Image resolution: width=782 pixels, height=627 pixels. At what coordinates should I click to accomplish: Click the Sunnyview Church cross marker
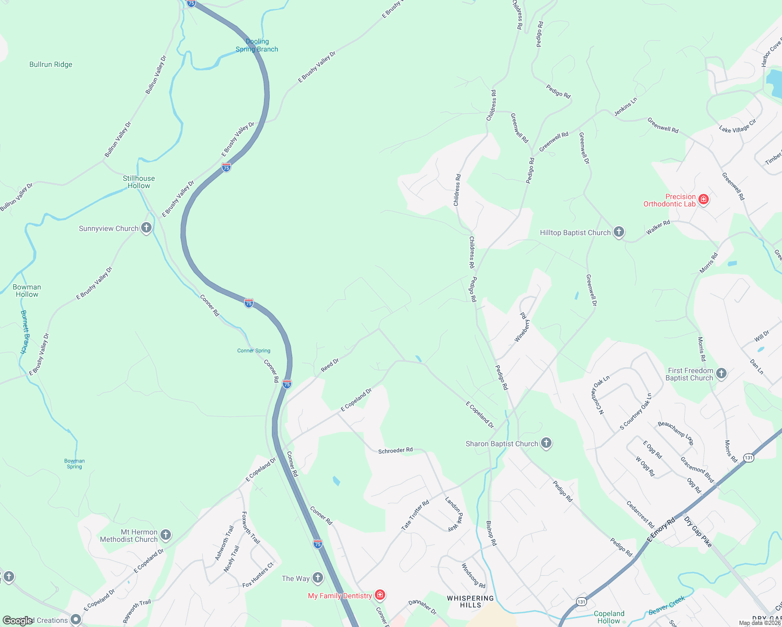coord(146,228)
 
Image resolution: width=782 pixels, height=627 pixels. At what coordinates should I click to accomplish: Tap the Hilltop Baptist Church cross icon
coord(619,232)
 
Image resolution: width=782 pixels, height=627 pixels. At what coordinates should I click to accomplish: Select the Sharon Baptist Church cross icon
coord(546,443)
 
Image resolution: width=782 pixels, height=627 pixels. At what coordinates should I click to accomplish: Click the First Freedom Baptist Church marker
coord(721,373)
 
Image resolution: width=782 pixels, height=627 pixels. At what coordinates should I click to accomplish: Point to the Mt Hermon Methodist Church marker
coord(166,535)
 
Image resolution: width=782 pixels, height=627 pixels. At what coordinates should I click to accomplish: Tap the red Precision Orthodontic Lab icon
coord(704,199)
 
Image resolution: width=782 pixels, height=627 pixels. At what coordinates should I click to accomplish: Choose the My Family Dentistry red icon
coord(380,595)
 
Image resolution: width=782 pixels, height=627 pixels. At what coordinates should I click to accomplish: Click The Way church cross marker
coord(318,577)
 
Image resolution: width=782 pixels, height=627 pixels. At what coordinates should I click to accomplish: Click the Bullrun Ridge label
coord(51,65)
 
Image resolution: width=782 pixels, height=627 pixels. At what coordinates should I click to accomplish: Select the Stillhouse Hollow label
coord(139,182)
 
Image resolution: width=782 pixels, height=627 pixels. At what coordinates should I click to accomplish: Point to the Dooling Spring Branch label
coord(257,45)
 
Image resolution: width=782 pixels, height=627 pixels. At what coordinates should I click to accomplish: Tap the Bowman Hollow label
coord(27,291)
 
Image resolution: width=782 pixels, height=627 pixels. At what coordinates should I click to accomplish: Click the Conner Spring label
coord(254,351)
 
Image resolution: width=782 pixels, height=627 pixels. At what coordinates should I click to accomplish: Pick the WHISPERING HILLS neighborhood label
coord(470,601)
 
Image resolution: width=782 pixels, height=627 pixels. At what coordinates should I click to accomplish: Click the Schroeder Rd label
coord(395,450)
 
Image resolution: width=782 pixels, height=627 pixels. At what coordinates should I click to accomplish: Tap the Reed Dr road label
coord(330,365)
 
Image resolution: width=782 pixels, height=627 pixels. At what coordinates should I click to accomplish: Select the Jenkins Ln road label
coord(625,107)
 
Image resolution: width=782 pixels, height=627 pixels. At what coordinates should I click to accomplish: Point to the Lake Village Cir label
coord(738,126)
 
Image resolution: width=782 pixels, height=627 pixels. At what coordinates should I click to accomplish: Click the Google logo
coord(18,621)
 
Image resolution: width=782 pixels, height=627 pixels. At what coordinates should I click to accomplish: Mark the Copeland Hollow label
coord(609,617)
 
